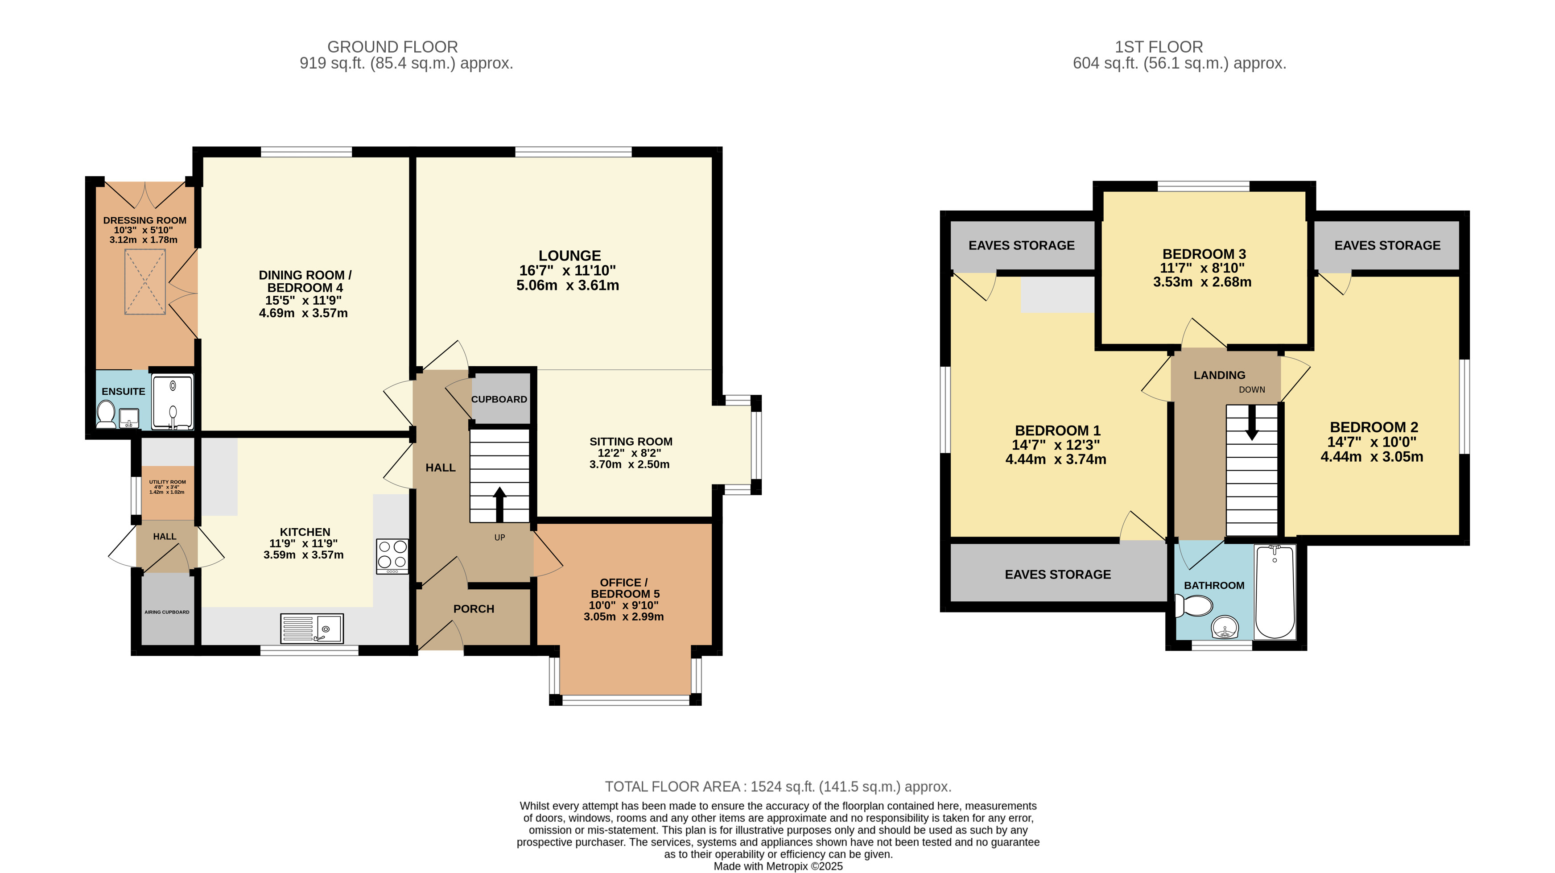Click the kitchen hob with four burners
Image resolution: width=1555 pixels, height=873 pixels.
pyautogui.click(x=392, y=556)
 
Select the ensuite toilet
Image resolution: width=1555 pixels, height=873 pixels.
pyautogui.click(x=106, y=415)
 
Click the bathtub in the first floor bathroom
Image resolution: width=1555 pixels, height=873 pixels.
pyautogui.click(x=1275, y=592)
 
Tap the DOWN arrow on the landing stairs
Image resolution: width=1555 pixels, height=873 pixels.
pyautogui.click(x=1252, y=422)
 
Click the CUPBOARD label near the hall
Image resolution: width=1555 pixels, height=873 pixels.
pyautogui.click(x=499, y=399)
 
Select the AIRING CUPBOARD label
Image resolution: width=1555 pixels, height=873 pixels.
pyautogui.click(x=167, y=612)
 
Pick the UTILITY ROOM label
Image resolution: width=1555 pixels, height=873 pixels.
pyautogui.click(x=168, y=482)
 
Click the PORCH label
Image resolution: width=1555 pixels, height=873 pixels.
pyautogui.click(x=474, y=608)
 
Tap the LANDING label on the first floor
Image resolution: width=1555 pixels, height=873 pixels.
pyautogui.click(x=1219, y=375)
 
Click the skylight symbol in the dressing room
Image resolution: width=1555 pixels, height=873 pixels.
pyautogui.click(x=145, y=282)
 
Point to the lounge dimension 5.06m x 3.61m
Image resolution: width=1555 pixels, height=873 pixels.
pyautogui.click(x=567, y=285)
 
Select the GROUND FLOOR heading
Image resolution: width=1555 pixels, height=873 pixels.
pyautogui.click(x=392, y=46)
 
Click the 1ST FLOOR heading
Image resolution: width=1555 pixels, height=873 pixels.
pyautogui.click(x=1159, y=46)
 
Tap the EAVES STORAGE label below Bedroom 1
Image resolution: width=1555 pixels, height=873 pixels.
pyautogui.click(x=1058, y=574)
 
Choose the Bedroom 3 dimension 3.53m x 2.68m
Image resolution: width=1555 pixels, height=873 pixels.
pyautogui.click(x=1202, y=282)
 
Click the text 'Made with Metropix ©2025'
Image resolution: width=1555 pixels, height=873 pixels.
pyautogui.click(x=778, y=866)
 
